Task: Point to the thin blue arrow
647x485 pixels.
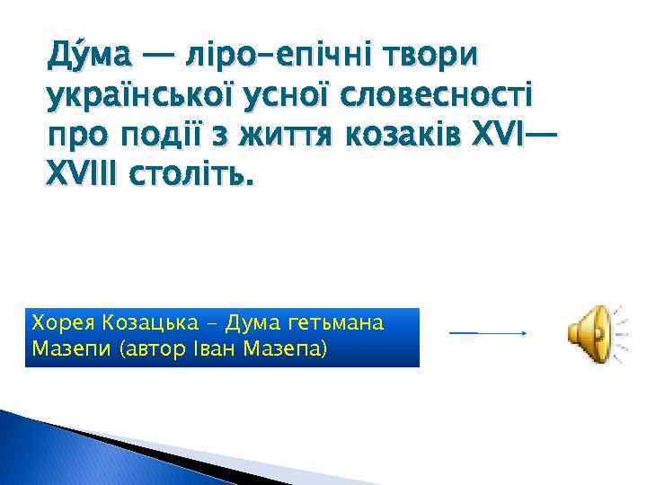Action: coord(487,333)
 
